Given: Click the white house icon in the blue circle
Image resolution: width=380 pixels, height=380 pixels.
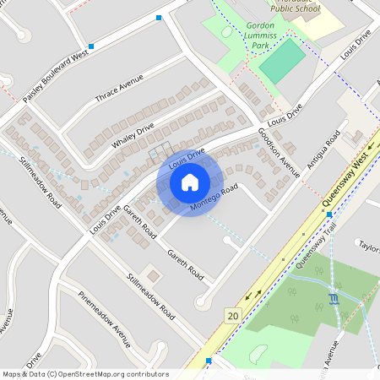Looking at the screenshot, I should (190, 182).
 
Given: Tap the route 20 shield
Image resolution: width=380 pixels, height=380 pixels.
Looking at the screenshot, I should (231, 315).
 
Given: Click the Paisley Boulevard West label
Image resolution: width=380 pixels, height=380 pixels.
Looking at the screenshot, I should (56, 77).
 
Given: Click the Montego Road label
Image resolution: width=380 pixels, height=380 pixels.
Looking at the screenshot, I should (213, 198).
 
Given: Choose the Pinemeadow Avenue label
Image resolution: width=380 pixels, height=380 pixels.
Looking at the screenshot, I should (105, 320).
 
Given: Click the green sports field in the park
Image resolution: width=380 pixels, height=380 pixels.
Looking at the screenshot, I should (281, 61).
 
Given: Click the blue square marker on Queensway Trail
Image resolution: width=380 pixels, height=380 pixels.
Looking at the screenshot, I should (329, 214).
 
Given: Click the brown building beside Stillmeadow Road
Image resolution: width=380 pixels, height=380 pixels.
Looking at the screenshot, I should (152, 276).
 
